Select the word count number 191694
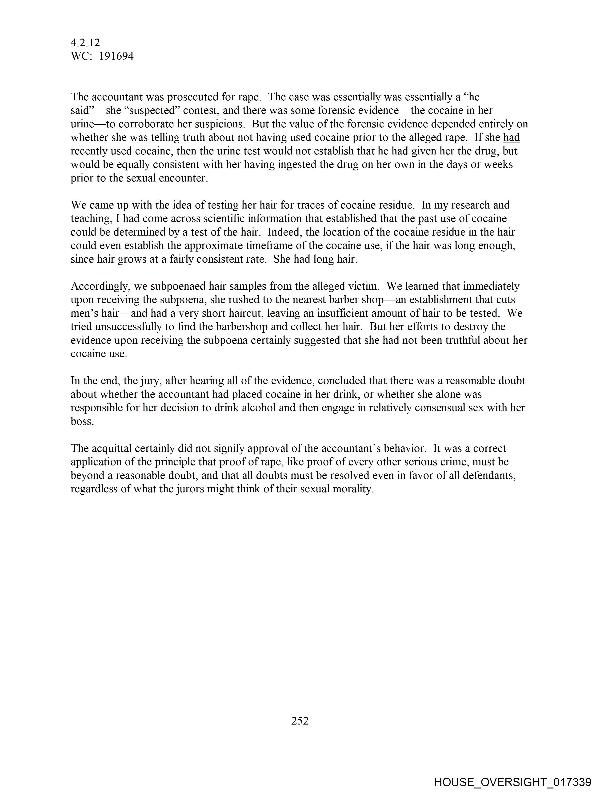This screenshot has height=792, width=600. (x=116, y=56)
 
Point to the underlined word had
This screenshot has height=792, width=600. (x=512, y=138)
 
